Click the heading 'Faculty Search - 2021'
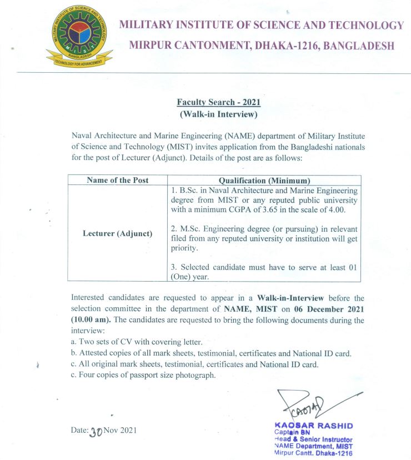pyautogui.click(x=218, y=103)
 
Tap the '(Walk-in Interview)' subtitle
pyautogui.click(x=218, y=115)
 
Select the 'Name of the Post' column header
pyautogui.click(x=118, y=181)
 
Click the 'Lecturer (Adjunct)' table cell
pyautogui.click(x=117, y=233)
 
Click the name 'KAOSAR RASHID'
pyautogui.click(x=314, y=426)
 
